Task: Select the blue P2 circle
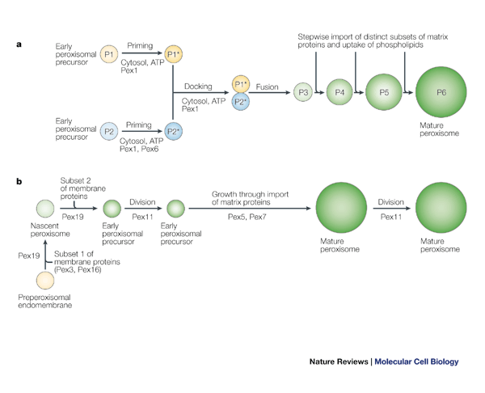click(110, 130)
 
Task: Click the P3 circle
click(303, 93)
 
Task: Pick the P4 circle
click(340, 93)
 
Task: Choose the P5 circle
click(384, 93)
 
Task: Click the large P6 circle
click(441, 93)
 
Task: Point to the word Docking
click(198, 86)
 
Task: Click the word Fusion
click(268, 86)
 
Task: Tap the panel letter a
click(19, 44)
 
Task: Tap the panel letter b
click(19, 181)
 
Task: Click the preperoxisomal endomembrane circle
click(46, 280)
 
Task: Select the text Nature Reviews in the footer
click(339, 361)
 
